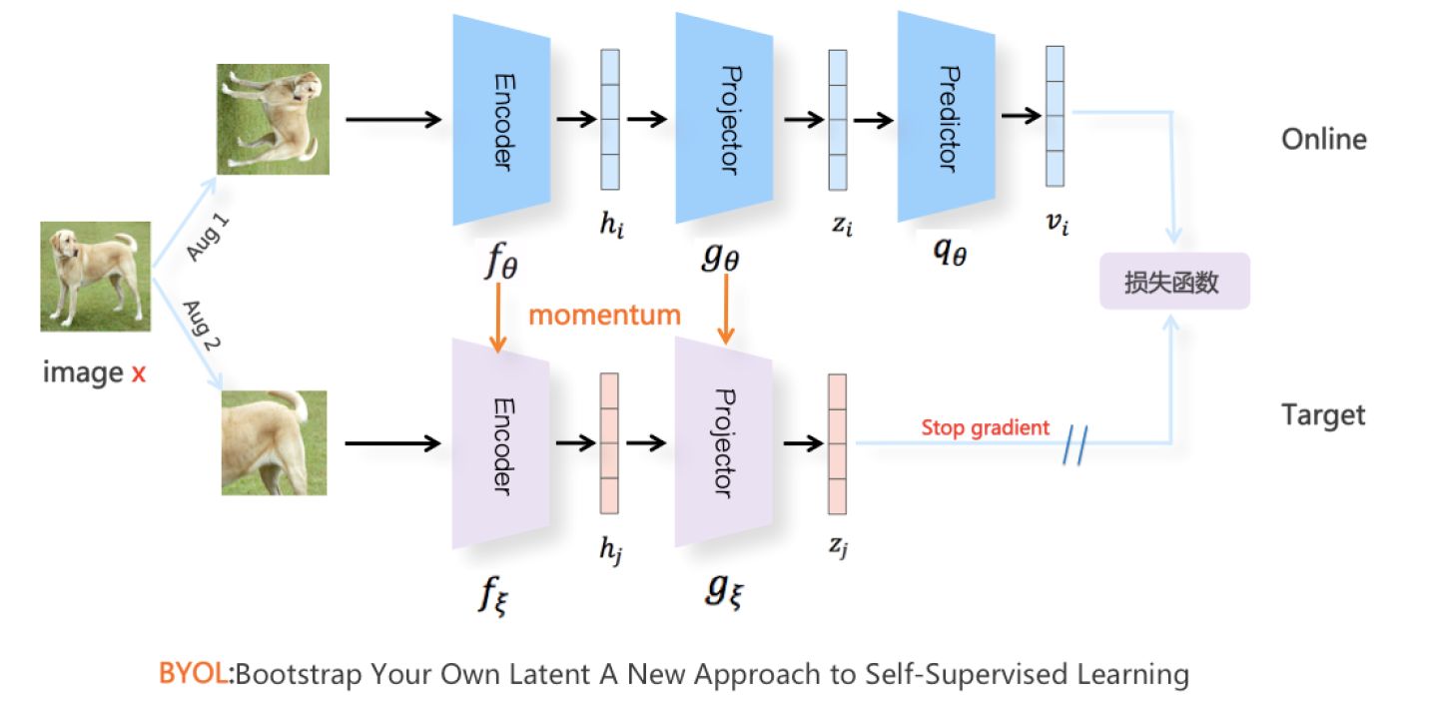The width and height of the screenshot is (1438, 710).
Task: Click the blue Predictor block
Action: click(x=947, y=118)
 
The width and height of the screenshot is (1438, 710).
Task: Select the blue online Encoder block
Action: click(x=501, y=120)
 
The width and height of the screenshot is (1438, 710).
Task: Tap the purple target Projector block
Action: click(x=723, y=442)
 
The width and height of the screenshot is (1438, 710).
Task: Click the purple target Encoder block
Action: click(x=500, y=443)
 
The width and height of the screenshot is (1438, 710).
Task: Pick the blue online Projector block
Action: click(x=724, y=118)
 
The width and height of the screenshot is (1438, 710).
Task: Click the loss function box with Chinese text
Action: click(x=1174, y=282)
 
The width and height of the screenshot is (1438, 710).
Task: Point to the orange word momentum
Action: click(x=604, y=316)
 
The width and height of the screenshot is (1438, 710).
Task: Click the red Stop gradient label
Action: click(x=985, y=427)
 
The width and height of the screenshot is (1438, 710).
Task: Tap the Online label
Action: click(x=1324, y=140)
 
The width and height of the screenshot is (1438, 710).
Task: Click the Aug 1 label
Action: click(x=208, y=238)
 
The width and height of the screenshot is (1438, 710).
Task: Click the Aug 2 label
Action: click(x=202, y=325)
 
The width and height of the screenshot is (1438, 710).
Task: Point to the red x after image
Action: click(x=139, y=373)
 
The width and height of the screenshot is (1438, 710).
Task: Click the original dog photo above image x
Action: click(x=96, y=277)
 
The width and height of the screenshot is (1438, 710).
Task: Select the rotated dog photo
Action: click(x=273, y=120)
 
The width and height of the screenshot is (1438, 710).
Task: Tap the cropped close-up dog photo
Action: click(x=274, y=443)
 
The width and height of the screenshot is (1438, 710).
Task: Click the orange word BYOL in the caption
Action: click(x=194, y=673)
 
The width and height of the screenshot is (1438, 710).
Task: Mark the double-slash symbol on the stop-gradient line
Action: click(x=1076, y=445)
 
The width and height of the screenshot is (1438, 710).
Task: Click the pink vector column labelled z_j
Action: click(x=837, y=444)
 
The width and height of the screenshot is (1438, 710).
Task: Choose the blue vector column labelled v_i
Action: click(x=1055, y=116)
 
